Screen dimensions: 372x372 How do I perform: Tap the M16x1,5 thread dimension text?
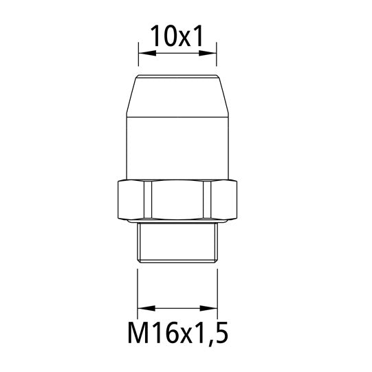point(177,336)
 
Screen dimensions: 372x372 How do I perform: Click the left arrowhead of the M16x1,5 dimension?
point(142,307)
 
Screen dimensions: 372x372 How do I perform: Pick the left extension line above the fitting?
point(139,55)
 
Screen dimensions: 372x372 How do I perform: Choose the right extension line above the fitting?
point(217,55)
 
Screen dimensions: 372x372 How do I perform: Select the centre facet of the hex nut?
point(177,201)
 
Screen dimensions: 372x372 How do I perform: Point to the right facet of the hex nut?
point(221,201)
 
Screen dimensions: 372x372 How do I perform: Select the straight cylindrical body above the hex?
point(177,148)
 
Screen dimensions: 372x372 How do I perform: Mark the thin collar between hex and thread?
point(177,224)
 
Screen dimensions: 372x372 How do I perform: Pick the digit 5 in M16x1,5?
point(219,336)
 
